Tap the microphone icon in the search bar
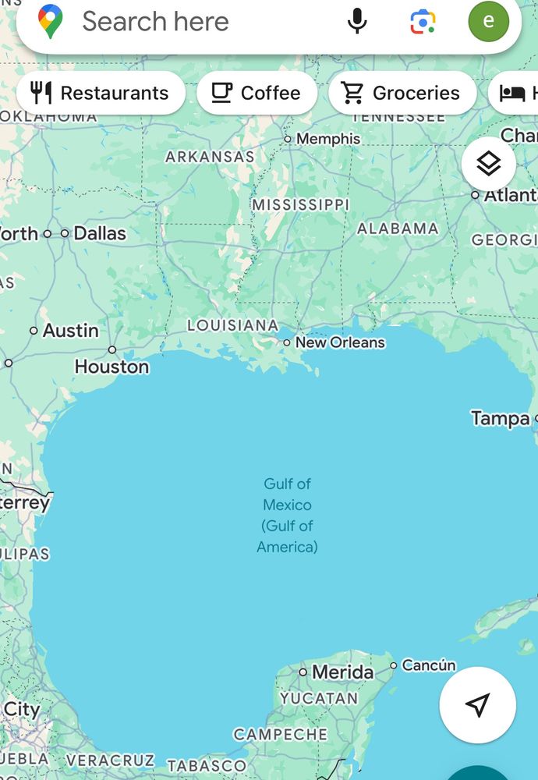click(x=357, y=21)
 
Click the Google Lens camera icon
click(x=423, y=21)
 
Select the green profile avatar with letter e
click(x=489, y=21)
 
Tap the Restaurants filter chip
click(x=101, y=93)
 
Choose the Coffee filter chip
click(x=257, y=93)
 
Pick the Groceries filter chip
click(x=402, y=93)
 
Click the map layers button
click(x=488, y=164)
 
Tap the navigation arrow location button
click(x=477, y=704)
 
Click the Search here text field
click(x=156, y=21)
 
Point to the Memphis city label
click(x=327, y=139)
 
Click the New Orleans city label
click(x=340, y=342)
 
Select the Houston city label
click(x=111, y=366)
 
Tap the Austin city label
click(x=70, y=331)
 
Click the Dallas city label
click(x=99, y=233)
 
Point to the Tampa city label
click(x=501, y=419)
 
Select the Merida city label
click(x=342, y=672)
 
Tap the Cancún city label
click(x=429, y=665)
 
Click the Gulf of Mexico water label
click(x=287, y=515)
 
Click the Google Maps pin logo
click(x=51, y=21)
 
